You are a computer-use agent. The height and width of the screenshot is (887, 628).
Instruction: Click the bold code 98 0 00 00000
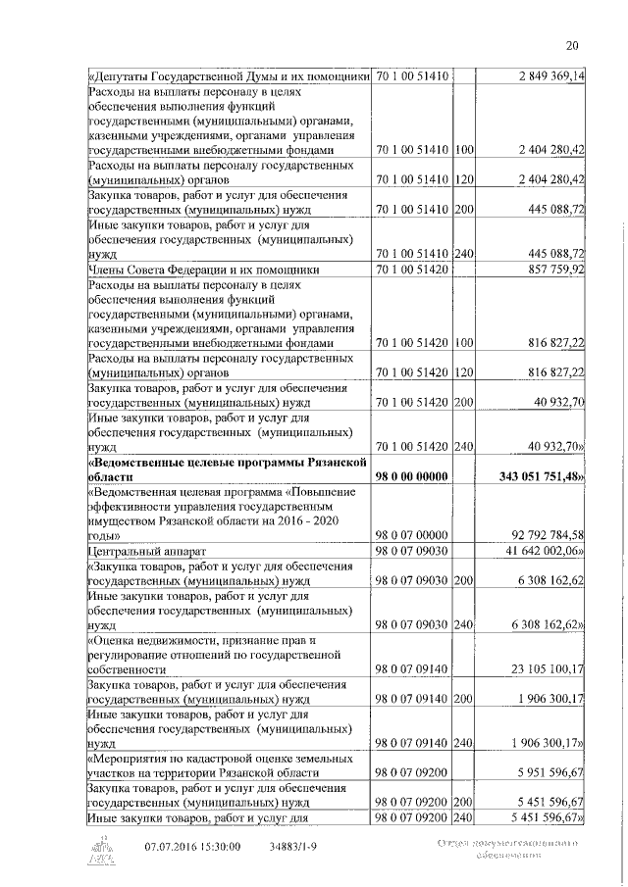click(x=412, y=475)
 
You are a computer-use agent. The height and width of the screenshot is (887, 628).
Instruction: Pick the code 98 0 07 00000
click(x=412, y=535)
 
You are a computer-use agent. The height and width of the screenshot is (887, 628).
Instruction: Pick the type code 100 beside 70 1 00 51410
click(x=464, y=150)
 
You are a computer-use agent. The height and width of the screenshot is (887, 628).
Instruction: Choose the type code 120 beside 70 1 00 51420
click(x=464, y=371)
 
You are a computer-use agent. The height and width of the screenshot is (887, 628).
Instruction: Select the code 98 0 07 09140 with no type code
click(x=412, y=668)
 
